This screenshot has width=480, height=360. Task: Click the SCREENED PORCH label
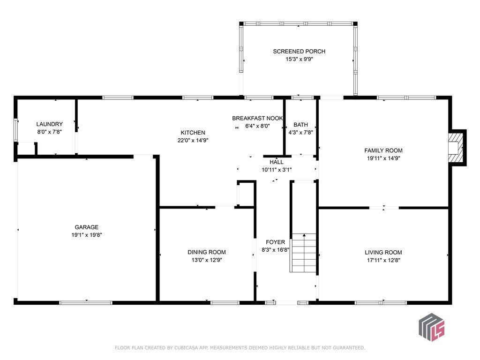coord(299,52)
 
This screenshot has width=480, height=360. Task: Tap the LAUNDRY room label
coord(49,124)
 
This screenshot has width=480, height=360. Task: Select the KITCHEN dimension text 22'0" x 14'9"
coord(193,141)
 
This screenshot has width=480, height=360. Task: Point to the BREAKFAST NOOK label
coord(257,118)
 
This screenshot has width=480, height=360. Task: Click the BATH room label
coord(300,125)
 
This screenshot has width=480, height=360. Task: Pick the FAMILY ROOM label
coord(383,150)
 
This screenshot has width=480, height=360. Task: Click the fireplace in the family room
coord(457,148)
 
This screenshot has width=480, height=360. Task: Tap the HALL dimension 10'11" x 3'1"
coord(277,170)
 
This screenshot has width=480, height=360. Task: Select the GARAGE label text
coord(87,227)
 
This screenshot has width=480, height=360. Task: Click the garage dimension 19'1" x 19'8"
coord(87,235)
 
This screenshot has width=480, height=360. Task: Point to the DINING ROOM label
coord(207,252)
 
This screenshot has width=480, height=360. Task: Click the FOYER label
coord(276,242)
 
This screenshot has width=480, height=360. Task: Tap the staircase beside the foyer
coord(303,253)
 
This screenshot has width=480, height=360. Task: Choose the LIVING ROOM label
coord(383,253)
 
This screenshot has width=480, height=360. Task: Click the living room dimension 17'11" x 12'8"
coord(383,261)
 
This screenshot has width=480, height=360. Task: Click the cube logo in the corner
coord(432,327)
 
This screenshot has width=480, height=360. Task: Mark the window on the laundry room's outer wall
coord(15,130)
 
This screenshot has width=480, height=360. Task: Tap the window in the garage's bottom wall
coord(86,303)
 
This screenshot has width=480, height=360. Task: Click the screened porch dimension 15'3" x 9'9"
coord(299,60)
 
